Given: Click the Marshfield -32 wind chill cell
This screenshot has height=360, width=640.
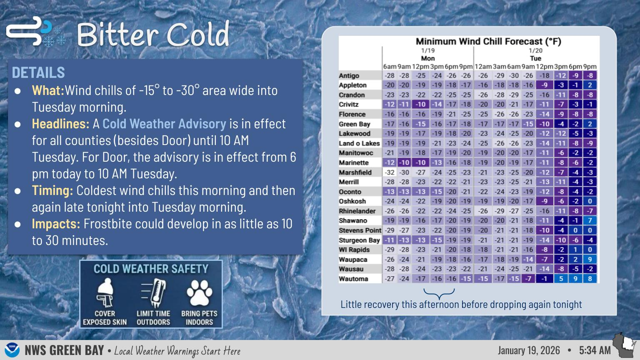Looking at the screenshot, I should click(x=390, y=172).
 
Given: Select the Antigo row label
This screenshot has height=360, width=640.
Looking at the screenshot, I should click(x=349, y=76).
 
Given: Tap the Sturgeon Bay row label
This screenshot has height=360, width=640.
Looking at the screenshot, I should click(x=359, y=240).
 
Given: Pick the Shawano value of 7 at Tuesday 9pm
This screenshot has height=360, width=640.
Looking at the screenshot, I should click(x=590, y=220).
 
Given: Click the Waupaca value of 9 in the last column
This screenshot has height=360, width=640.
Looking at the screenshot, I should click(x=590, y=259).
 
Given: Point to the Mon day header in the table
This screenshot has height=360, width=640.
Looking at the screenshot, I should click(x=427, y=58).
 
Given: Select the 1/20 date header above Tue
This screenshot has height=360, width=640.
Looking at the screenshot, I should click(x=535, y=51).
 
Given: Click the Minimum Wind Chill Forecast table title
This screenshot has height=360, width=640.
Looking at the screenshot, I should click(x=488, y=41).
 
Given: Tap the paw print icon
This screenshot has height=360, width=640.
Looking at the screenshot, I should click(x=199, y=293).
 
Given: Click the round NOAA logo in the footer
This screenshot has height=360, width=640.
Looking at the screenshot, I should click(x=12, y=350).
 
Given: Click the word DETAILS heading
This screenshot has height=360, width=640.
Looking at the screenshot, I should click(x=38, y=72).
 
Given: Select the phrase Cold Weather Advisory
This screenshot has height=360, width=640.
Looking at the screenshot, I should click(x=164, y=124).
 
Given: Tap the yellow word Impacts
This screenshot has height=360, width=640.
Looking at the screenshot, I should click(x=56, y=224).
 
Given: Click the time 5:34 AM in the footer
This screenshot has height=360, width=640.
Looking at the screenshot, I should click(x=595, y=350).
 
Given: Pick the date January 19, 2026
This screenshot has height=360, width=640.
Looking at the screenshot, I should click(x=529, y=350).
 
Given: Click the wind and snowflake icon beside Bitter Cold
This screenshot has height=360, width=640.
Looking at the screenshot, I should click(x=36, y=32).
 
